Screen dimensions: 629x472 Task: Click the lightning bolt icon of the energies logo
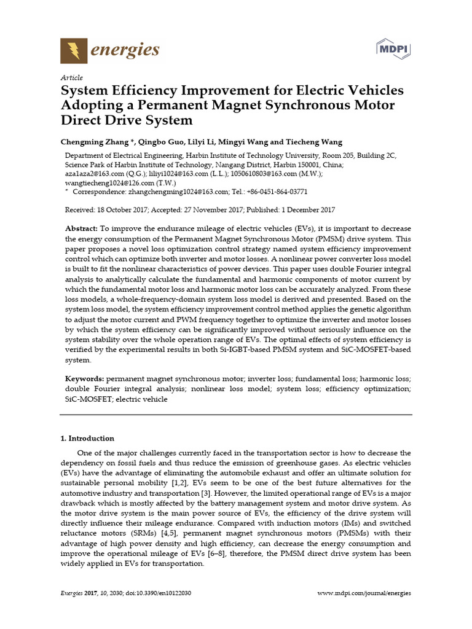[x=74, y=50]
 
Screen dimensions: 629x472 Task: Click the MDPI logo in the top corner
[x=393, y=49]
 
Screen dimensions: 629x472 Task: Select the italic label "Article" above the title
[x=72, y=77]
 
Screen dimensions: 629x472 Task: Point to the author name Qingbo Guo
[x=156, y=141]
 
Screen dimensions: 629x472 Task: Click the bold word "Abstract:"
[x=81, y=228]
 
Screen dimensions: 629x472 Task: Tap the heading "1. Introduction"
[x=87, y=439]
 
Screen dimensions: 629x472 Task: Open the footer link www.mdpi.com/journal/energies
[x=364, y=593]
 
